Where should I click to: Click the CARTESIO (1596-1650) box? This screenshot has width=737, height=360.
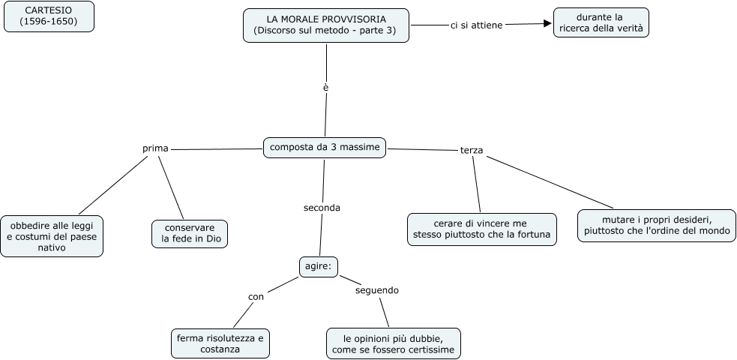coord(49,16)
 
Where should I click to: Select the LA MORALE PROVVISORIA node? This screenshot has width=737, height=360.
coord(326,25)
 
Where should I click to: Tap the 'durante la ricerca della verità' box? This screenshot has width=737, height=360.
coord(601,23)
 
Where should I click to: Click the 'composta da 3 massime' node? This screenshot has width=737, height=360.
coord(325,148)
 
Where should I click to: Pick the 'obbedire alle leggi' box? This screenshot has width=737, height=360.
coord(52,235)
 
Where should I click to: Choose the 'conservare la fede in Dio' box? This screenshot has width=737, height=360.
coord(189,233)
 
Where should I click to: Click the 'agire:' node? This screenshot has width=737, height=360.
coord(319,265)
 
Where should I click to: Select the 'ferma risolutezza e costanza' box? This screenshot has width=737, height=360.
coord(220,343)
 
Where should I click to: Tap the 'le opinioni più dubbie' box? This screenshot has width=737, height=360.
coord(394,343)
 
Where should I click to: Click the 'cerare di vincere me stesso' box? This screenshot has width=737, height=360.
coord(481,229)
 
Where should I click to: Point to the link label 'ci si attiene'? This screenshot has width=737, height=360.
coord(476,25)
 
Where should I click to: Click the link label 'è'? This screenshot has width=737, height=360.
coord(326,88)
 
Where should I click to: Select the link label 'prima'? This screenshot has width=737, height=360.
coord(155,148)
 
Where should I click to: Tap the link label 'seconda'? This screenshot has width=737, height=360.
coord(322,208)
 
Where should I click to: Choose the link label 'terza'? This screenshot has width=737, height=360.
coord(472,151)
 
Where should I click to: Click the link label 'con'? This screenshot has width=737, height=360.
coord(256,297)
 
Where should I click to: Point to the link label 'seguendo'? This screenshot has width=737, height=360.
coord(377,290)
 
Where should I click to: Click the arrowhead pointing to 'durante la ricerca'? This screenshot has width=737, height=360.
coord(547,24)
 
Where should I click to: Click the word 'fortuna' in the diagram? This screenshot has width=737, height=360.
coord(533,235)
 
